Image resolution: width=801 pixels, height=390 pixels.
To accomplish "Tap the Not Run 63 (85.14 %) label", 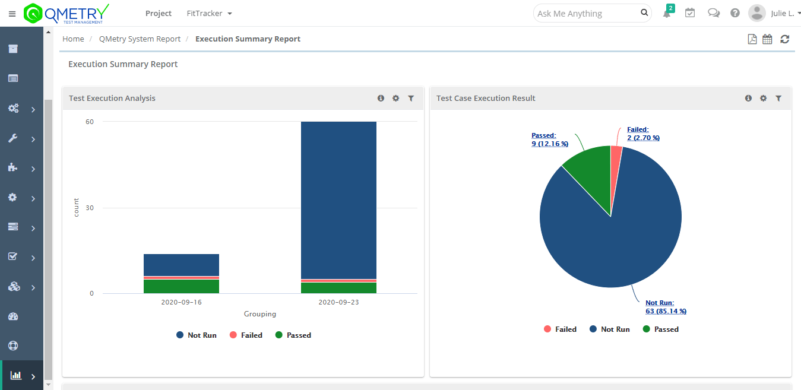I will (x=666, y=307).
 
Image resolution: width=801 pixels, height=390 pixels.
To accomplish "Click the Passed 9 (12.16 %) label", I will (x=550, y=139).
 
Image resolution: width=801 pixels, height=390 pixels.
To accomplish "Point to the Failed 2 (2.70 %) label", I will (x=643, y=134).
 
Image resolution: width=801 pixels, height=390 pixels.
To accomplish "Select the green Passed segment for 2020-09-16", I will (x=181, y=286).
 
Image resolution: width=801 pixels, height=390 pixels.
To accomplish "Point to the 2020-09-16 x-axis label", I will (x=181, y=302).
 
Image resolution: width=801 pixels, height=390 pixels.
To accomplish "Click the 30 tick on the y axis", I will (x=90, y=208).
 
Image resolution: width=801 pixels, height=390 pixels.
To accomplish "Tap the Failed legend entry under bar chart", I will (x=246, y=335).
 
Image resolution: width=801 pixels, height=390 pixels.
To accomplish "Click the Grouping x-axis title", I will (x=260, y=314).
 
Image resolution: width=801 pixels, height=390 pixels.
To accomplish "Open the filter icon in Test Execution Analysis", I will (x=411, y=99).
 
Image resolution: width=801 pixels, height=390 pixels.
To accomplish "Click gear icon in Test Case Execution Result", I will (x=763, y=99).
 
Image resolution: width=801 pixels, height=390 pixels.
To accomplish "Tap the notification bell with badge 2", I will (x=667, y=13).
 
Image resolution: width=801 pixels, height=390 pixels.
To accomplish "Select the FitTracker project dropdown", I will (x=209, y=13).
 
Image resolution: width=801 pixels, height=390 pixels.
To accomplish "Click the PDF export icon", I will (x=752, y=39).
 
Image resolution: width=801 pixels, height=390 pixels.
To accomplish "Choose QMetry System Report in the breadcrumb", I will (x=140, y=39).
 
